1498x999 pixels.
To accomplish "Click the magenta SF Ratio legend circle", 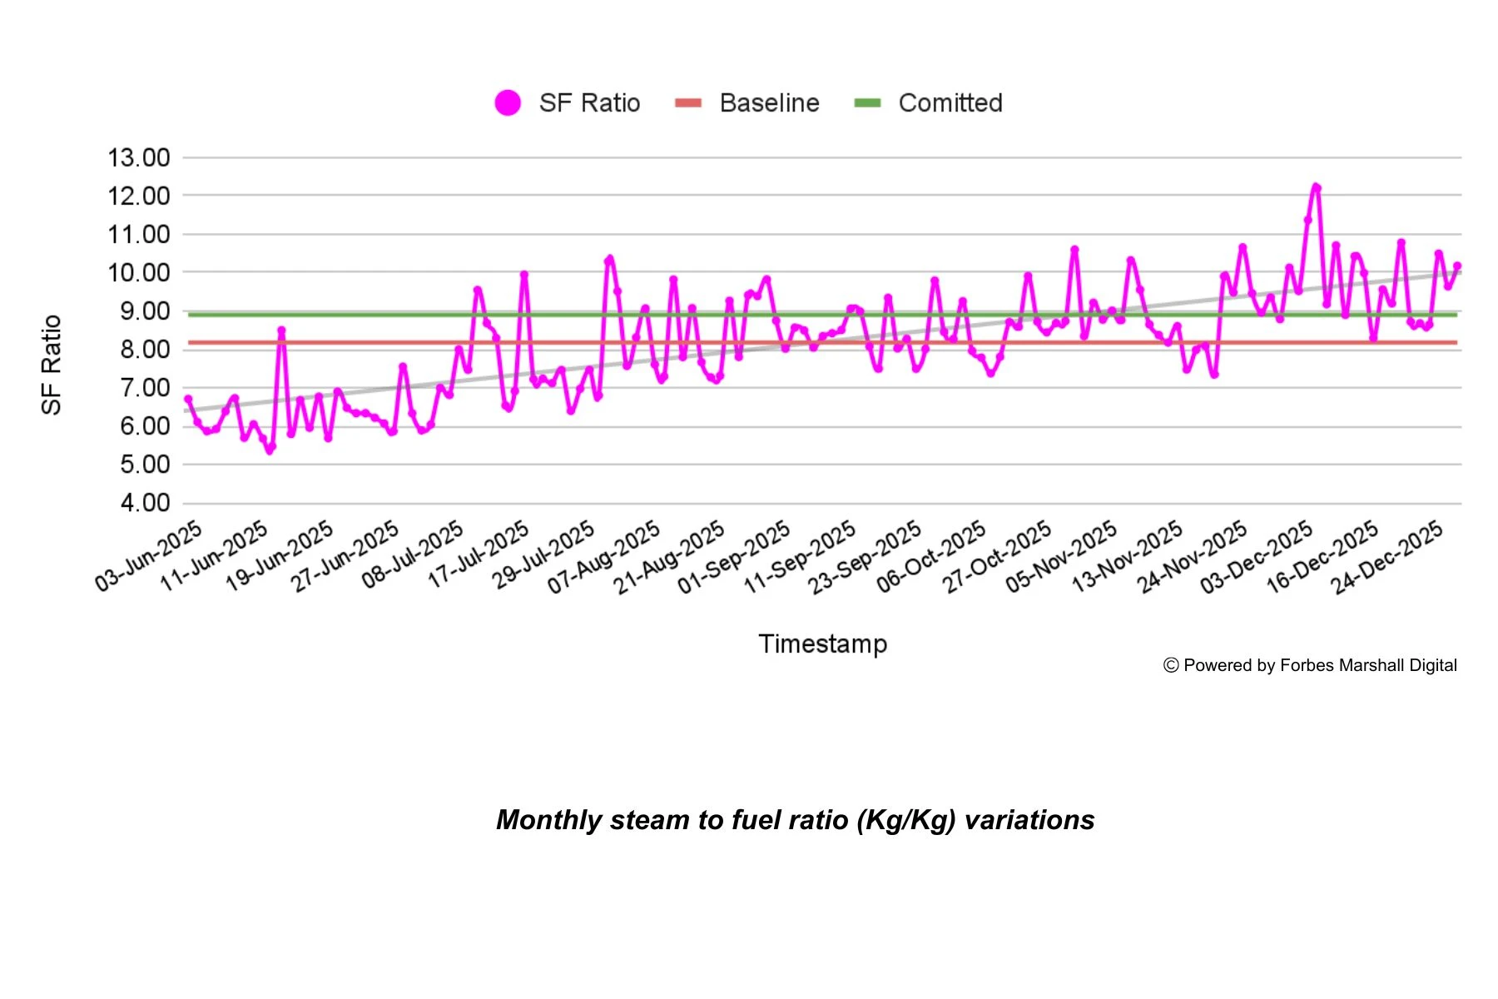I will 508,103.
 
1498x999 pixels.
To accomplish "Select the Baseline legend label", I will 769,103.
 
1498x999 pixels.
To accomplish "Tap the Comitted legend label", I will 950,103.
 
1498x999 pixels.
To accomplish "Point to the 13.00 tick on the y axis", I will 139,157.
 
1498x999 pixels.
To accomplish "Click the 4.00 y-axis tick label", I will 145,503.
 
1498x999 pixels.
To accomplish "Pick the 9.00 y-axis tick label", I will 145,311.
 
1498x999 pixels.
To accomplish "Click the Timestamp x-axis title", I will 822,644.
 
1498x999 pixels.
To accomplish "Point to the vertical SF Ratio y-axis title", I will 52,365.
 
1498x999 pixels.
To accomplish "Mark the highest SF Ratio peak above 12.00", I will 1316,187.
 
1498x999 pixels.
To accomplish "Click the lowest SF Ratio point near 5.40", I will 270,450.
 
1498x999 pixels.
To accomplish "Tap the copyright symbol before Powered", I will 1171,665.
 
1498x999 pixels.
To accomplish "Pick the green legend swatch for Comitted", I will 867,103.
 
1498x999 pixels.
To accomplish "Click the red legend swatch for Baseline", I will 688,103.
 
